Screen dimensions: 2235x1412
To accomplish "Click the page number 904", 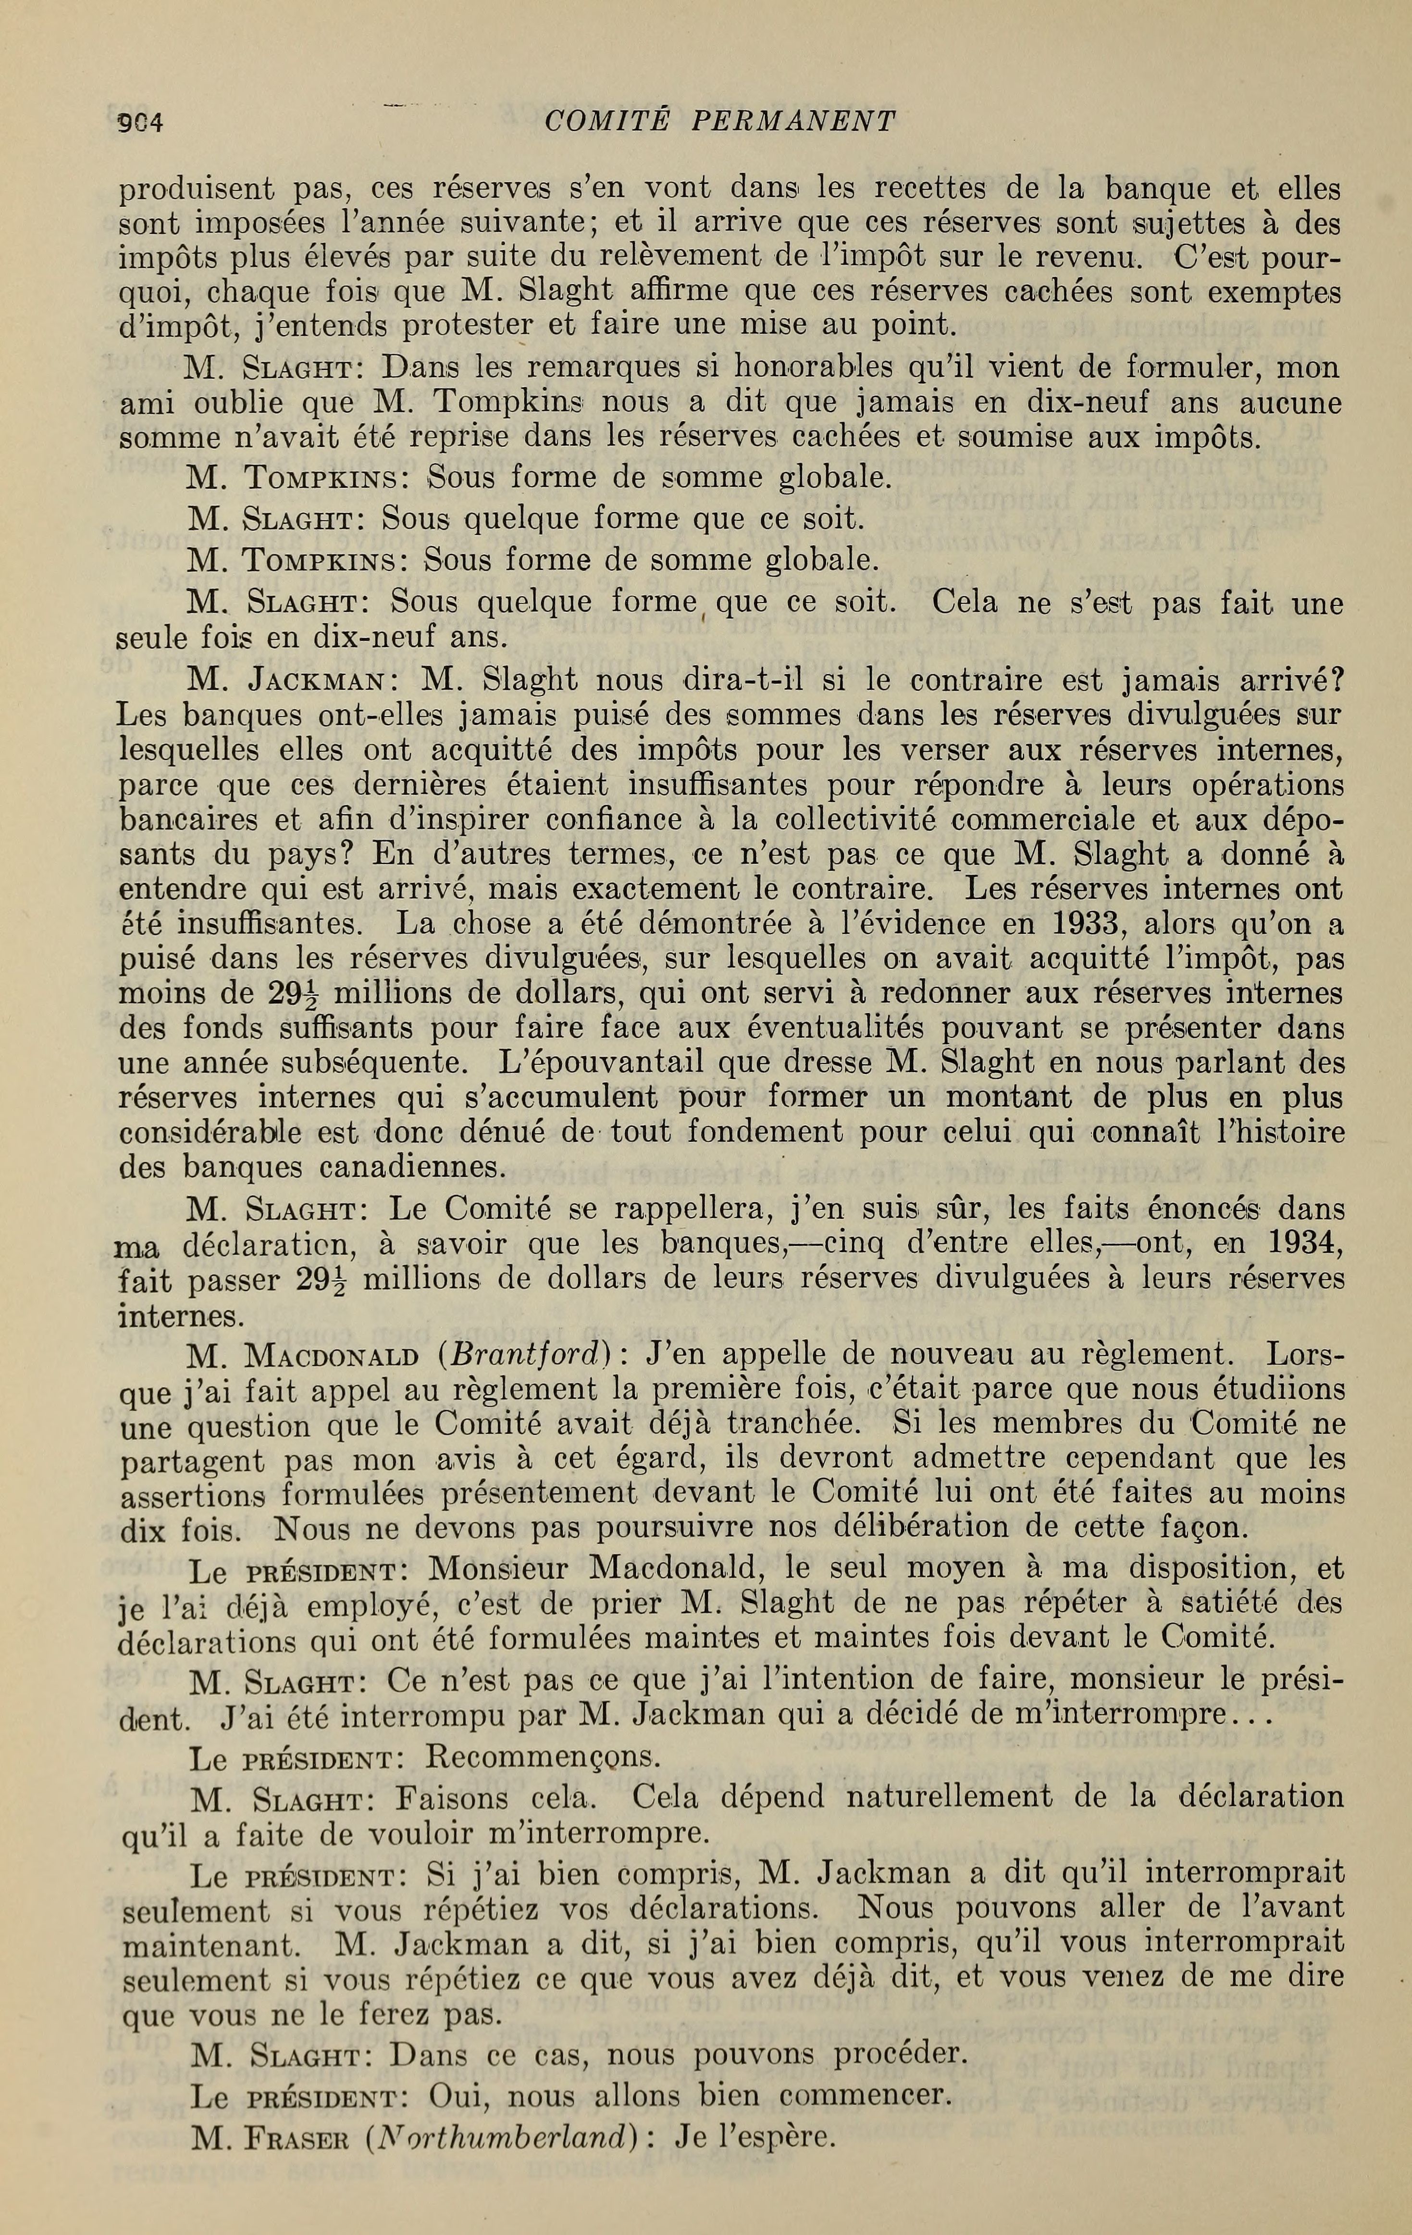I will pos(141,122).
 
